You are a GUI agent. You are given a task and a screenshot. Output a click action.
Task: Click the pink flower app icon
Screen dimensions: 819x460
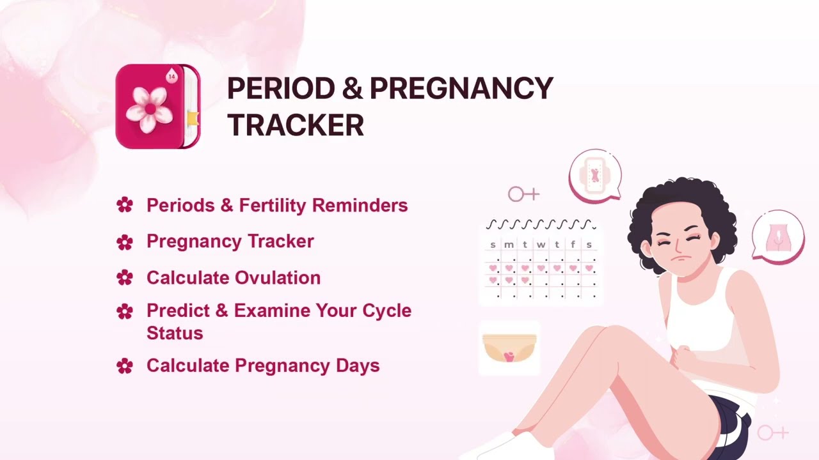click(x=158, y=106)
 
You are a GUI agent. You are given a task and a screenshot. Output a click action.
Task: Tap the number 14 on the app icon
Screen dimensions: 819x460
click(x=171, y=77)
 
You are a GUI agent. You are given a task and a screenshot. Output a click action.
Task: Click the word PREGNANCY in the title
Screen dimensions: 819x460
click(x=461, y=88)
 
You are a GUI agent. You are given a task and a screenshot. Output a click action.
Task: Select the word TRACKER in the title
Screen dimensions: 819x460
click(x=296, y=125)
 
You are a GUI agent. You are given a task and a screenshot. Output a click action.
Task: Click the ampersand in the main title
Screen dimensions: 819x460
click(x=352, y=88)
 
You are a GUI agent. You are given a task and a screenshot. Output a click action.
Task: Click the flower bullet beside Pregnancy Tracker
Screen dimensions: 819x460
click(x=125, y=242)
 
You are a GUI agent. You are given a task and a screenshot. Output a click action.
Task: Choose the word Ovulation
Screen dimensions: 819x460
click(x=278, y=278)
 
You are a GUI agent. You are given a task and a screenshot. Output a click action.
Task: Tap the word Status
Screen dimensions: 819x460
click(x=175, y=333)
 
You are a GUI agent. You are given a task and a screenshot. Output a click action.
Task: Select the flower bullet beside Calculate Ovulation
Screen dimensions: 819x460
click(x=125, y=278)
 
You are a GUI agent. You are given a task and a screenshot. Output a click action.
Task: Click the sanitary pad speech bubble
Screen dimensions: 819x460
click(x=595, y=176)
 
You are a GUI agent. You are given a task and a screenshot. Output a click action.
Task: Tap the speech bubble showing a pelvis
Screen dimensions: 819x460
click(x=778, y=236)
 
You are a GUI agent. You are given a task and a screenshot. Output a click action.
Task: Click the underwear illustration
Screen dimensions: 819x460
click(x=509, y=348)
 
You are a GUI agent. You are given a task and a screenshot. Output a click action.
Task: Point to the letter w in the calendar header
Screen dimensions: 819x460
click(x=541, y=245)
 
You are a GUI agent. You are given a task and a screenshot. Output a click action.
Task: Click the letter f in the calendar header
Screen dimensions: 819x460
click(x=573, y=244)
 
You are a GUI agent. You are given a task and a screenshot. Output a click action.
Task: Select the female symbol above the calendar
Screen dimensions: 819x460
click(x=523, y=194)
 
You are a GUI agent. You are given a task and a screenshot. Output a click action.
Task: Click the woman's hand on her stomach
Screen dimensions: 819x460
click(x=685, y=360)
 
